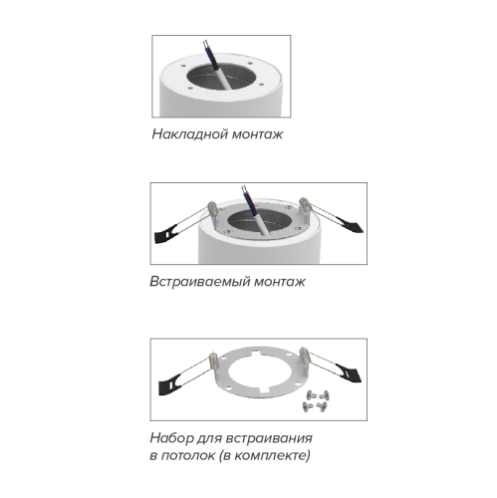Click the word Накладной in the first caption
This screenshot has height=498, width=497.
coord(190,134)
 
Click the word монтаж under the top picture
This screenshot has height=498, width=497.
coord(257,134)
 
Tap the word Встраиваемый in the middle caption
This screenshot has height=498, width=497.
coord(200,282)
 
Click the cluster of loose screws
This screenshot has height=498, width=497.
coord(316,401)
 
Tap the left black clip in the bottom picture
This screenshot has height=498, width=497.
coord(170,384)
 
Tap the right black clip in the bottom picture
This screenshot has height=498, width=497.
coord(350,373)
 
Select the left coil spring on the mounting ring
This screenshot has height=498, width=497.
coord(214,361)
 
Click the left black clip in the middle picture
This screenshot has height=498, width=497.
coord(166,233)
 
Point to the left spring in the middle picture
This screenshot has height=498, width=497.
coord(212,209)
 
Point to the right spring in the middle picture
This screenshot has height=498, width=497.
coord(305,204)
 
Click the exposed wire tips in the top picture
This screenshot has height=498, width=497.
coord(206,44)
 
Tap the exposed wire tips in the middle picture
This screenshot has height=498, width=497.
coord(244,189)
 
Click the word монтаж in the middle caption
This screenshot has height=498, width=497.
coord(280,282)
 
